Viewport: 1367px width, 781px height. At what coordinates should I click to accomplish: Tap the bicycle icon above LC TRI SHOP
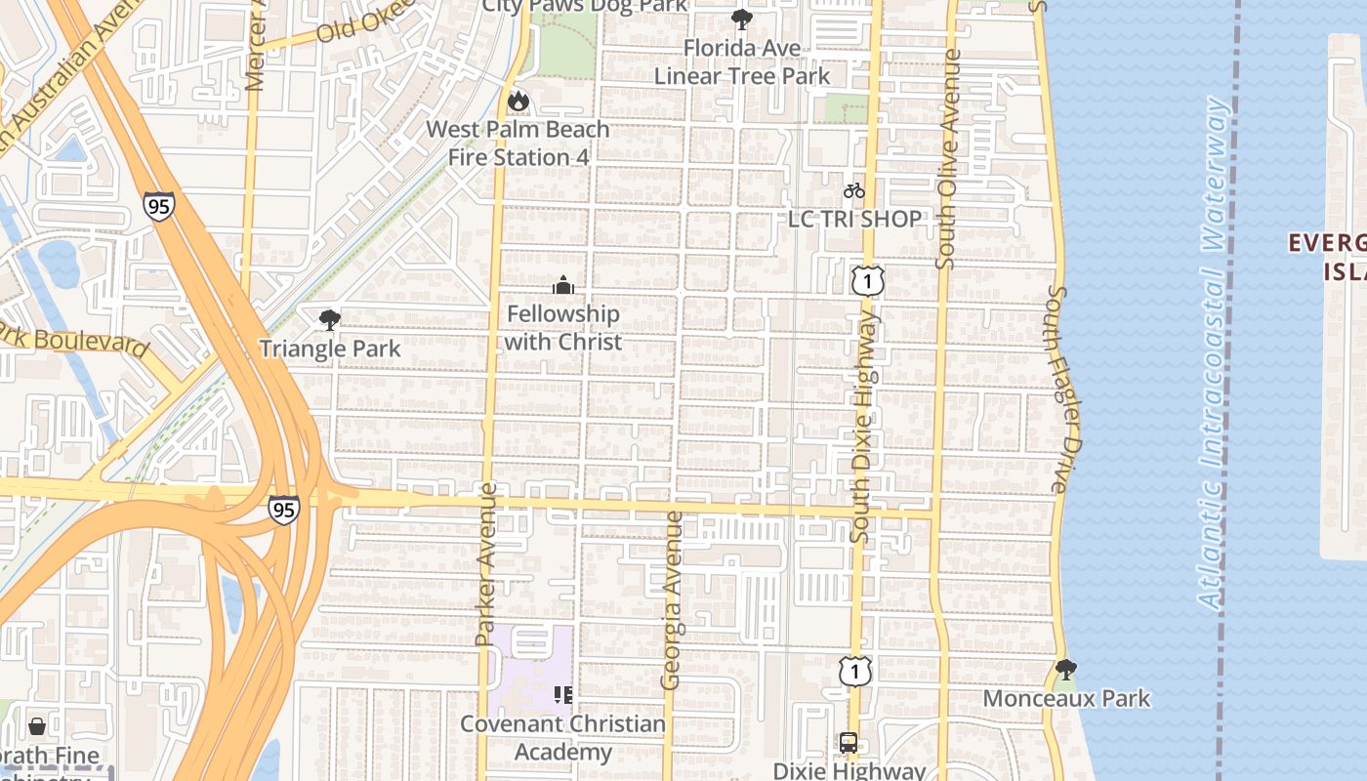pyautogui.click(x=854, y=190)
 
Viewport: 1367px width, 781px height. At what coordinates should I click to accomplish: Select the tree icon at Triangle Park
pyautogui.click(x=330, y=319)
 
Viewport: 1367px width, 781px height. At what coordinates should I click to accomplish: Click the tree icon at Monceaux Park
pyautogui.click(x=1066, y=670)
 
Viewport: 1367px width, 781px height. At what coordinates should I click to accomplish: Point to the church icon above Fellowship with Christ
pyautogui.click(x=563, y=285)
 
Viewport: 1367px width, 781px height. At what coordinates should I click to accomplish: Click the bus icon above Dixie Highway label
pyautogui.click(x=849, y=743)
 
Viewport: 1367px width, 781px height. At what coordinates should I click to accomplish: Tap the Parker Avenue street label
pyautogui.click(x=486, y=570)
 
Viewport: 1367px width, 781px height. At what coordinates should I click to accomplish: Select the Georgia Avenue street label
pyautogui.click(x=672, y=599)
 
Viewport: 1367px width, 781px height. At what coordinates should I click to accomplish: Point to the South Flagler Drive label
pyautogui.click(x=1062, y=389)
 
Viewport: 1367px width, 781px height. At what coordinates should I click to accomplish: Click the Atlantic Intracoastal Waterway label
pyautogui.click(x=1212, y=351)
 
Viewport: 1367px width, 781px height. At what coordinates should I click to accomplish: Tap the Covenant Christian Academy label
pyautogui.click(x=562, y=738)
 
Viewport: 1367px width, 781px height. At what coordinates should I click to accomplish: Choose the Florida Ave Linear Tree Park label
pyautogui.click(x=742, y=62)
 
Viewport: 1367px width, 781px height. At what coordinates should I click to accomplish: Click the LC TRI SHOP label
pyautogui.click(x=854, y=219)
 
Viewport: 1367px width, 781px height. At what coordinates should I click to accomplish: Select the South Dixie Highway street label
pyautogui.click(x=862, y=426)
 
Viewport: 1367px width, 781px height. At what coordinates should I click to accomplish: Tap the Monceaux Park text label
pyautogui.click(x=1066, y=699)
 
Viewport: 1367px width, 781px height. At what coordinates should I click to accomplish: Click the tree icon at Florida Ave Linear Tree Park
pyautogui.click(x=742, y=19)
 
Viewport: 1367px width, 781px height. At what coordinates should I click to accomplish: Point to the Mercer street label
pyautogui.click(x=256, y=49)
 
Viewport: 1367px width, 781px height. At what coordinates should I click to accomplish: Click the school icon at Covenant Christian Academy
pyautogui.click(x=562, y=695)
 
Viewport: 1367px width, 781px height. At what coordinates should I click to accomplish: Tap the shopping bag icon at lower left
pyautogui.click(x=37, y=726)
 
